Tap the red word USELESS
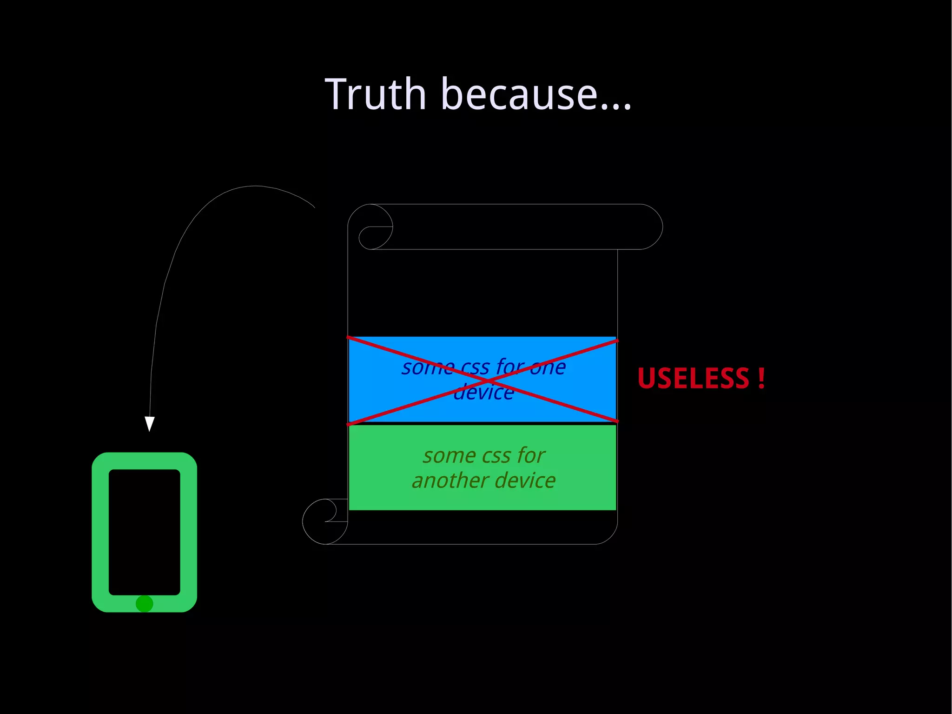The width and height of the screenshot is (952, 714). (x=693, y=378)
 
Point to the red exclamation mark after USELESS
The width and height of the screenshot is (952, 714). (x=761, y=378)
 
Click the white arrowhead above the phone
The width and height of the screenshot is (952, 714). (x=149, y=423)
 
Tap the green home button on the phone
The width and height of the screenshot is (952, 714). (x=144, y=604)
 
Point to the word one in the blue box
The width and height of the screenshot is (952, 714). (x=548, y=367)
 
